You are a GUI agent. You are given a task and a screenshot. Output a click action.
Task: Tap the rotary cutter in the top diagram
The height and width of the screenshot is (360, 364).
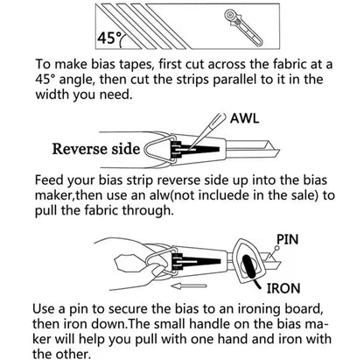coord(243,26)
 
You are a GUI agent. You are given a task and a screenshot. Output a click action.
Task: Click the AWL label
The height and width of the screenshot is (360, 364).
coord(244,118)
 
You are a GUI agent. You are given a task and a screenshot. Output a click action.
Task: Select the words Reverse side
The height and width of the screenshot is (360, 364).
coord(96,149)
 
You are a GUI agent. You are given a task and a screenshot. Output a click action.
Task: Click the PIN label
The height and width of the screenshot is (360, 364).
coord(288,239)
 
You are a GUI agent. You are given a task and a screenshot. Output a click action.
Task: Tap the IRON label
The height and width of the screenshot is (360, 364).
coord(283,288)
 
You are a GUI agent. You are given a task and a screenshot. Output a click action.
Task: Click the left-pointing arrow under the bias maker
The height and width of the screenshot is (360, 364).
coord(189,286)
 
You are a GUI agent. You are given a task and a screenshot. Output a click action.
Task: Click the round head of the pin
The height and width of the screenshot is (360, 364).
coord(277,248)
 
